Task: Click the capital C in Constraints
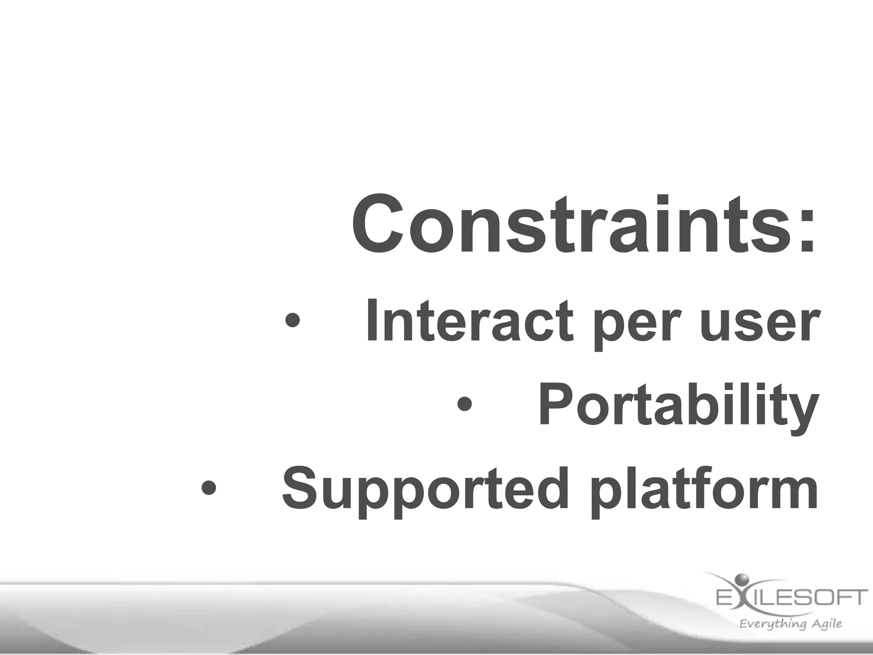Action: pos(378,225)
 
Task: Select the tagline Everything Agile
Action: pos(791,624)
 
